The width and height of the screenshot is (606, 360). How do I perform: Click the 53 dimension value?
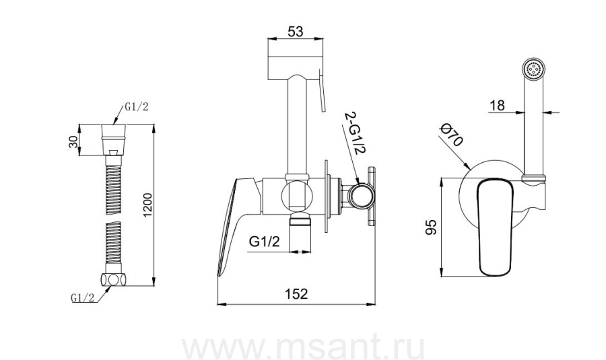pyautogui.click(x=296, y=31)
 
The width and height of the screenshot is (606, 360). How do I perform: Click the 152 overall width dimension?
pyautogui.click(x=296, y=294)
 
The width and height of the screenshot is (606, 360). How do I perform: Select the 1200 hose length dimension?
pyautogui.click(x=148, y=205)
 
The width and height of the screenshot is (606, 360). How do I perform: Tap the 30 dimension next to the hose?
pyautogui.click(x=73, y=142)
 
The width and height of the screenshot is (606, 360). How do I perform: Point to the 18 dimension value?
pyautogui.click(x=498, y=105)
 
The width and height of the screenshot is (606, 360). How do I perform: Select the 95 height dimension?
pyautogui.click(x=430, y=227)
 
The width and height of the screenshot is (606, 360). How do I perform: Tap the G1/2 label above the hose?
pyautogui.click(x=136, y=108)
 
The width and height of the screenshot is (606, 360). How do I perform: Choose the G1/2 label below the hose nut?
pyautogui.click(x=82, y=298)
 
